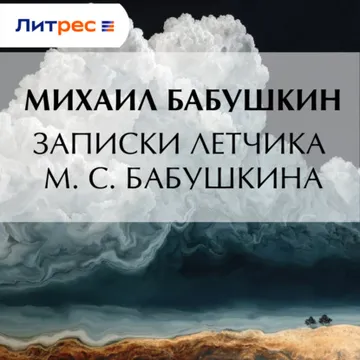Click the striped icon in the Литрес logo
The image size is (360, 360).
108,26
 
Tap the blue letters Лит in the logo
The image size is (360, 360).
36,25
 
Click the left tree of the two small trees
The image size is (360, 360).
311,321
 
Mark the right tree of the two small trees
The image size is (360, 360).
325,320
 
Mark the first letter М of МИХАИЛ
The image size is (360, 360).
38,100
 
